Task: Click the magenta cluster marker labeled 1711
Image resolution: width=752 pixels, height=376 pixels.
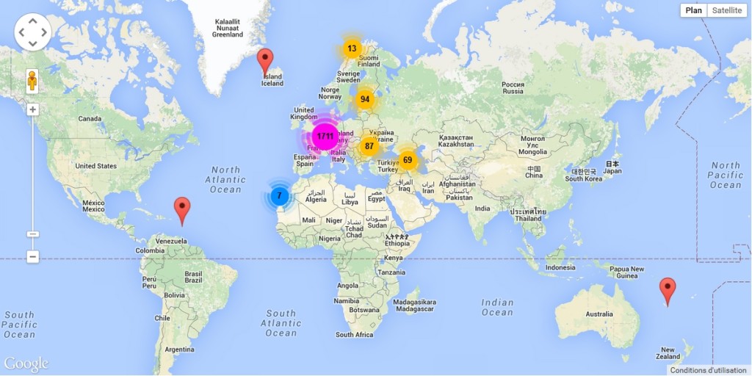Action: [325, 137]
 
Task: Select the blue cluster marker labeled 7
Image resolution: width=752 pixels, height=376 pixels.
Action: [279, 196]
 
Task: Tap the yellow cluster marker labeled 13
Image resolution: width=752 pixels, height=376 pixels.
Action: [352, 49]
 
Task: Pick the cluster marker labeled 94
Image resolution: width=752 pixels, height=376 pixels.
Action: [365, 99]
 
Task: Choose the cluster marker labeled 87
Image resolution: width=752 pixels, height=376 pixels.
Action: [369, 146]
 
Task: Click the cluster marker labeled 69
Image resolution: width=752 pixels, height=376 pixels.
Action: [408, 160]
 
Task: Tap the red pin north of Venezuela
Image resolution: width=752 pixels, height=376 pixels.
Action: [181, 210]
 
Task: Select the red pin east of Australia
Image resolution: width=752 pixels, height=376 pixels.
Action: [668, 290]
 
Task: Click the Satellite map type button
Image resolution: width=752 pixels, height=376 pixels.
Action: [726, 10]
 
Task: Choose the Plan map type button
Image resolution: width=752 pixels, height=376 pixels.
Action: [693, 10]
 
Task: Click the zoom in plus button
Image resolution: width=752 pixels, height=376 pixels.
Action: [32, 110]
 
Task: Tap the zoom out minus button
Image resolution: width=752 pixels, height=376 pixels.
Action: [32, 256]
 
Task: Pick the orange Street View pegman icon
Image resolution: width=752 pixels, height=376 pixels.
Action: [32, 79]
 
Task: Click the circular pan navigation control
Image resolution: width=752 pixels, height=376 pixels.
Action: [32, 32]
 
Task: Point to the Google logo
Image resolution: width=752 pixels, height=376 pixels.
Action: [26, 364]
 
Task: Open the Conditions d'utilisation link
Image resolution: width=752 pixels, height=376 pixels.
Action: [708, 370]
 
